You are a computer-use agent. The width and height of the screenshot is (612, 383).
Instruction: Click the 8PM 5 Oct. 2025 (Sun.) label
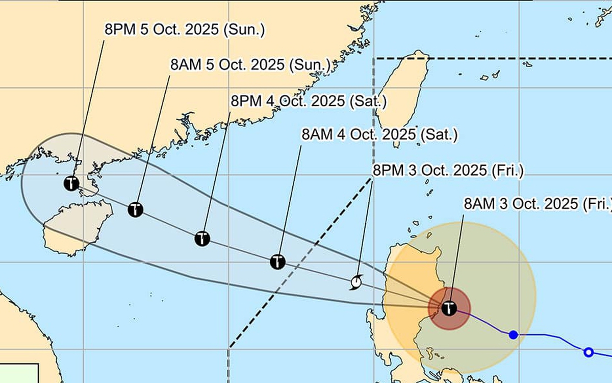(x=185, y=30)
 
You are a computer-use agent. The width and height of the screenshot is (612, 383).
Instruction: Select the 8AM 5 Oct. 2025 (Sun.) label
(x=250, y=65)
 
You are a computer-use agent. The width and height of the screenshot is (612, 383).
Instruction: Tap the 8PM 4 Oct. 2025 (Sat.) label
(x=309, y=101)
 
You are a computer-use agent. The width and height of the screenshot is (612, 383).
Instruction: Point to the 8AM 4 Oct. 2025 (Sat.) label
(x=379, y=135)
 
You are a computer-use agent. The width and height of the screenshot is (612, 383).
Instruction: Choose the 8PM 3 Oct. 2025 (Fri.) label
(x=448, y=171)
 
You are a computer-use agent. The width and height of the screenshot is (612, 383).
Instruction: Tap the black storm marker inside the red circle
(x=449, y=308)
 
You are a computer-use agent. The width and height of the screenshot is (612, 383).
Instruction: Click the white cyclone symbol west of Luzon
(x=356, y=281)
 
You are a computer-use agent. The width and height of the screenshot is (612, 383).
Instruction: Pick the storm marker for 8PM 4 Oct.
(x=202, y=238)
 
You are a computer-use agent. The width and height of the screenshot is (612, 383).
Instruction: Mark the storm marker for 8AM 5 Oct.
(x=135, y=209)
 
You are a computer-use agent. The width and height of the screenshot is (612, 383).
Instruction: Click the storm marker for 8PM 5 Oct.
(x=71, y=183)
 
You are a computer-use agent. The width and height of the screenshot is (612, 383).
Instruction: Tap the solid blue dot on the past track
(x=514, y=334)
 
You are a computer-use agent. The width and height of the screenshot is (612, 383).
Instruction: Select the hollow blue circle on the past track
(x=589, y=352)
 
